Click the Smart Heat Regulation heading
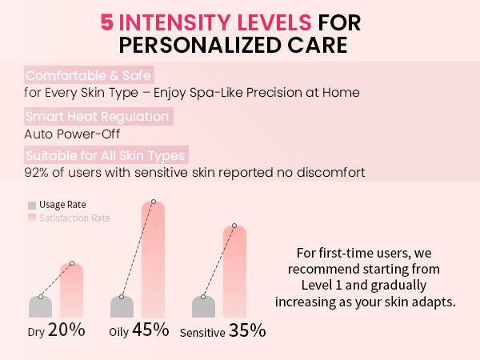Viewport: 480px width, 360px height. point(97,117)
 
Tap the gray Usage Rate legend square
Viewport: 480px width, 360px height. point(32,205)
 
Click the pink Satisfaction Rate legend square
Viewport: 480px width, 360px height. point(32,218)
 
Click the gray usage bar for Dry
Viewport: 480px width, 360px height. point(40,306)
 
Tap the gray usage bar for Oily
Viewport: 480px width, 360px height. point(122,306)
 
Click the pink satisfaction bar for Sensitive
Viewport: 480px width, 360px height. point(234,272)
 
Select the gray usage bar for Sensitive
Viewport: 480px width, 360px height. point(204,306)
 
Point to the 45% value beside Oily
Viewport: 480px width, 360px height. point(151,330)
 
